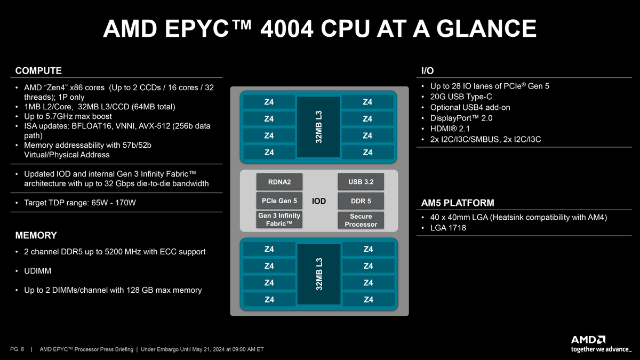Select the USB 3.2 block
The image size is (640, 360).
pos(361,182)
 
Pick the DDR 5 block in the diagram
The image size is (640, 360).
pos(361,201)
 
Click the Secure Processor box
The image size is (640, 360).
pos(361,220)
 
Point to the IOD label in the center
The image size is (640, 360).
pos(319,201)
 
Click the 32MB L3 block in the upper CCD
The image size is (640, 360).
pos(319,126)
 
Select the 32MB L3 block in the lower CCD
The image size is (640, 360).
pos(319,274)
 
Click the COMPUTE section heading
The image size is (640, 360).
pos(38,71)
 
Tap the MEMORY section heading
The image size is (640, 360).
pos(36,235)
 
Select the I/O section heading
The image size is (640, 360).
pos(427,71)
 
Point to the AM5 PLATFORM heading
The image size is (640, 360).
pos(458,203)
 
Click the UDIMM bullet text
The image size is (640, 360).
pos(37,271)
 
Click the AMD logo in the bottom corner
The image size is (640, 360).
pos(588,340)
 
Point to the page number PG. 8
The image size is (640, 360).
pos(18,350)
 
